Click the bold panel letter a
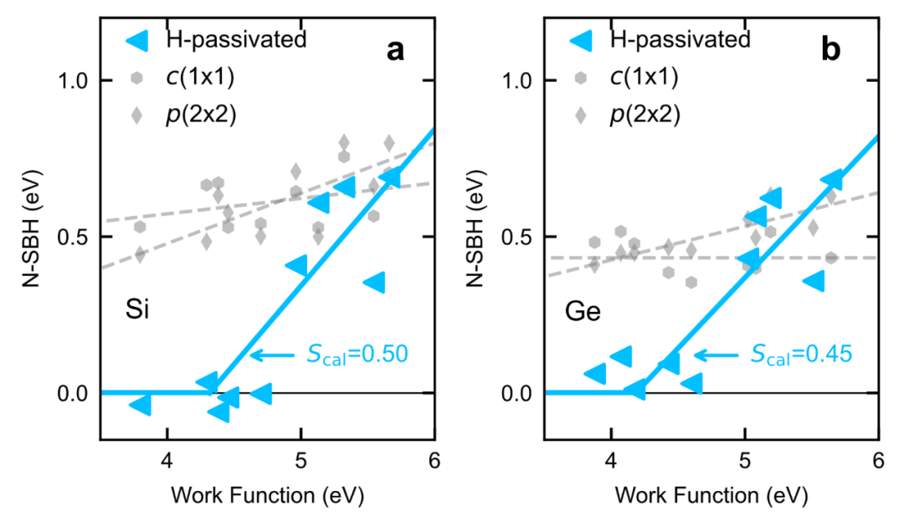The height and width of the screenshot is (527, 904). coord(395,51)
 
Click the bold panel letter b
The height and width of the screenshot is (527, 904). coord(831,51)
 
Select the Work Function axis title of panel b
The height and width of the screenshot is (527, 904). coord(711,495)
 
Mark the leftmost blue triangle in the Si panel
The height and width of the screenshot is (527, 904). coord(141,405)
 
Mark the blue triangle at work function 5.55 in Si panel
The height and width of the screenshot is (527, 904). coord(375,283)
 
